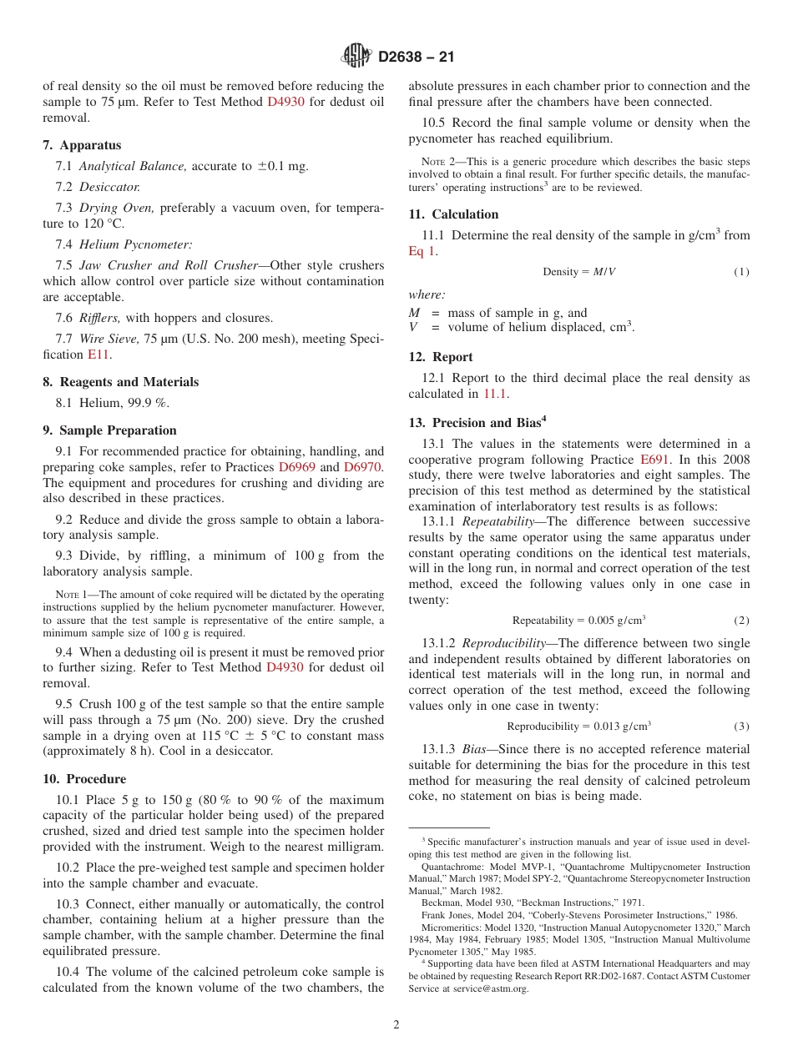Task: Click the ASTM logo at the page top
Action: point(356,57)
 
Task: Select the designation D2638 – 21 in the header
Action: point(416,58)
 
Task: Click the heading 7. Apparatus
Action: point(82,145)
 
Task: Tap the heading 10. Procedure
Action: point(84,779)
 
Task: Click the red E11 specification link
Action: point(98,355)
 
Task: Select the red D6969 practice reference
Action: point(296,467)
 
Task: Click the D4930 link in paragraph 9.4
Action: point(285,667)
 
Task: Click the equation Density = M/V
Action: point(578,273)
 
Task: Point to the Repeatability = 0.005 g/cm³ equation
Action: point(578,621)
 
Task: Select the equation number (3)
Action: point(741,727)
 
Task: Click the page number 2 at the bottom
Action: point(396,1025)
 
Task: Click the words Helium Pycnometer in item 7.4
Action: point(135,244)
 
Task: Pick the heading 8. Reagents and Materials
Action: point(121,382)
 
